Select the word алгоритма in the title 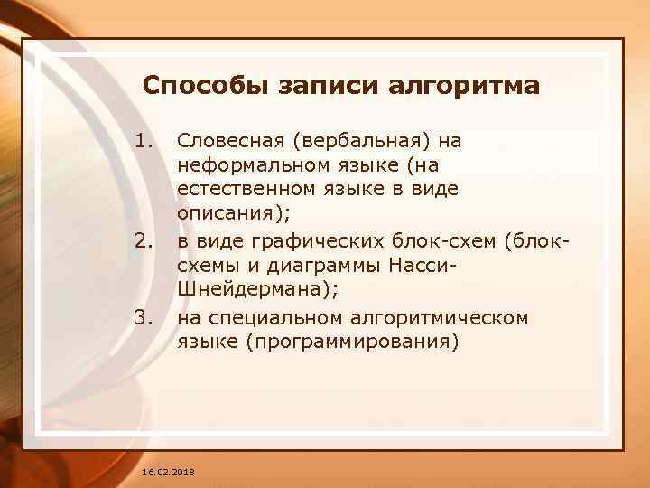pos(464,87)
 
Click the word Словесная pos(226,141)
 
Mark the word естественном pos(237,190)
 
